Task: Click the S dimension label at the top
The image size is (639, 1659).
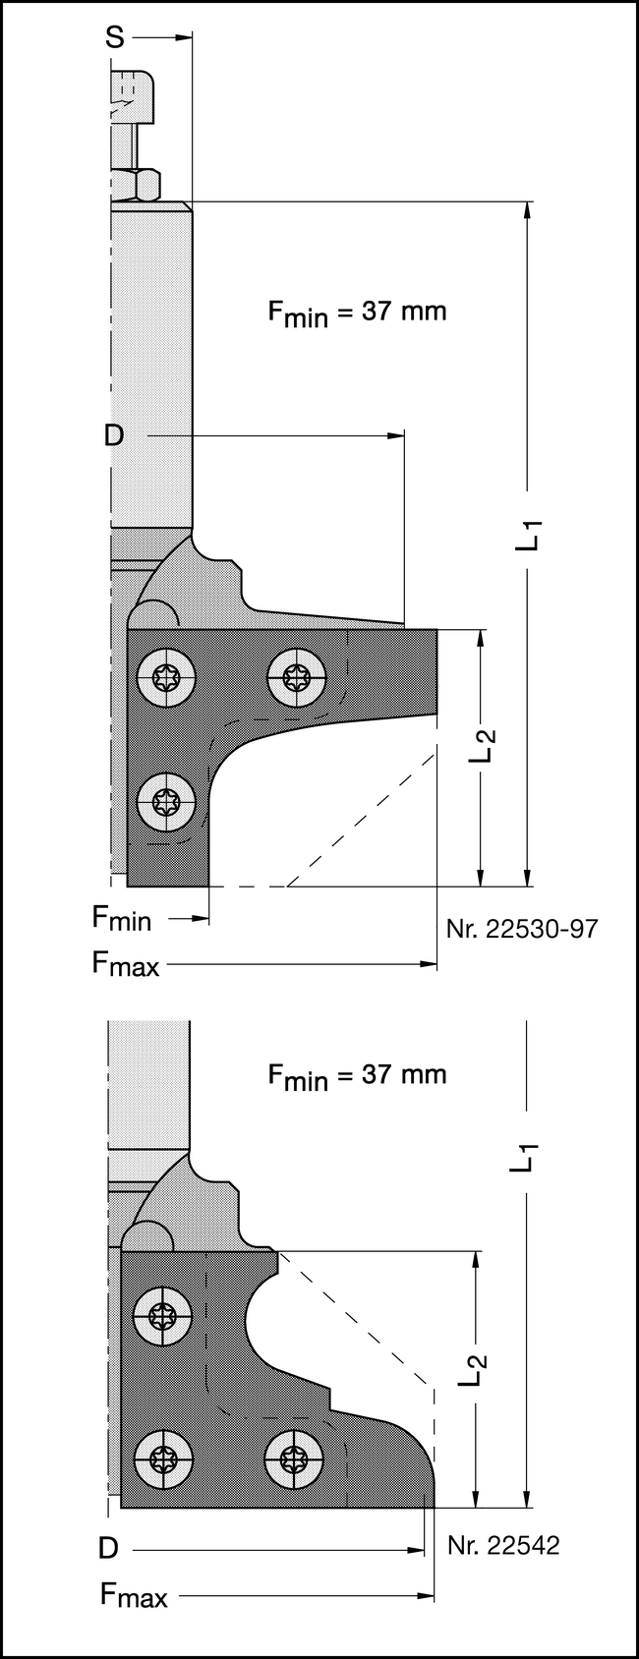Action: click(115, 37)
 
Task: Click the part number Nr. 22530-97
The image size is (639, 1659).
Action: click(521, 929)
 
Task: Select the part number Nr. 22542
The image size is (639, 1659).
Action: click(503, 1546)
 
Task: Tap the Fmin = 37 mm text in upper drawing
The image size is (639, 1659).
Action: click(357, 313)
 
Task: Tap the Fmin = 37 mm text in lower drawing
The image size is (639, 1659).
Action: click(357, 1075)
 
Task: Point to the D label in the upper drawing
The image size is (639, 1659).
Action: click(114, 435)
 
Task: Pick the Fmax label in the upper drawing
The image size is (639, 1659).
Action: click(125, 964)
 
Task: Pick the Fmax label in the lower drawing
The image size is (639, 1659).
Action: click(134, 1595)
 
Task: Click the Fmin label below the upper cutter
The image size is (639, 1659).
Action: click(122, 918)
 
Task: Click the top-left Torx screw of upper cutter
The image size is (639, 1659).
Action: click(166, 677)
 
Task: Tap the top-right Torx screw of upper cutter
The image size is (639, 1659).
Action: click(296, 677)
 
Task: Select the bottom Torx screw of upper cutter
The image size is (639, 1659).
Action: click(166, 802)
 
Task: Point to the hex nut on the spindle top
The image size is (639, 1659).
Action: click(135, 185)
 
